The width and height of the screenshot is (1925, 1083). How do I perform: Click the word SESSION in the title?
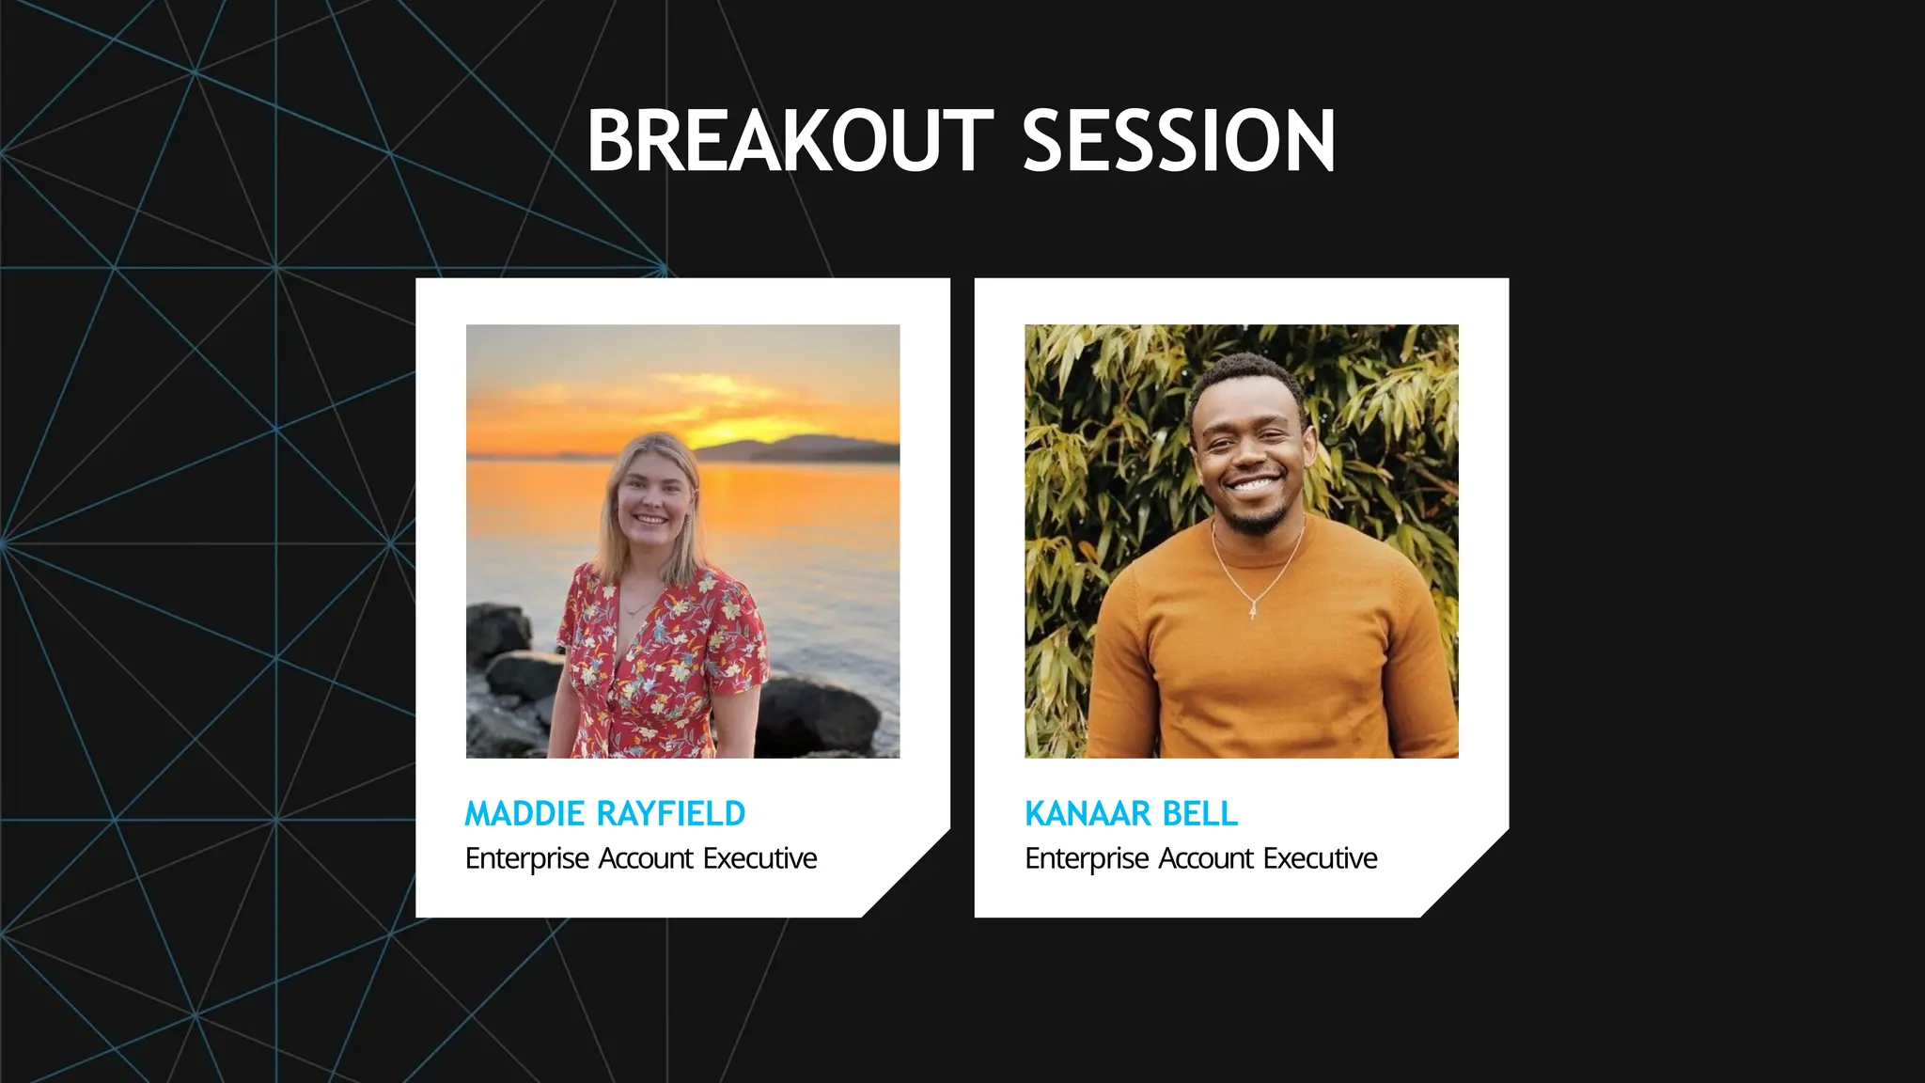click(1178, 141)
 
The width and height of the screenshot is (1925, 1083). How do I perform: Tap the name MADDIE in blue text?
click(524, 814)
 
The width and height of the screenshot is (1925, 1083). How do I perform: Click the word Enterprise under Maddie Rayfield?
click(527, 859)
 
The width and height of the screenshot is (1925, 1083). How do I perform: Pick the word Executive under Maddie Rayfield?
click(760, 859)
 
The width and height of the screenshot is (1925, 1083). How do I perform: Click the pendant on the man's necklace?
click(1254, 612)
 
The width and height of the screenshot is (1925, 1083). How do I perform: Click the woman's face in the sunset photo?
click(649, 499)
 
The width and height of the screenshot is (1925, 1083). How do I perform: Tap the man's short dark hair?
click(1245, 376)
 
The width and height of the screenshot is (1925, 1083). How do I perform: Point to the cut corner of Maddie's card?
click(907, 874)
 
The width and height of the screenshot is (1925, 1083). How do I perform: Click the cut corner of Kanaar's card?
click(1466, 874)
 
